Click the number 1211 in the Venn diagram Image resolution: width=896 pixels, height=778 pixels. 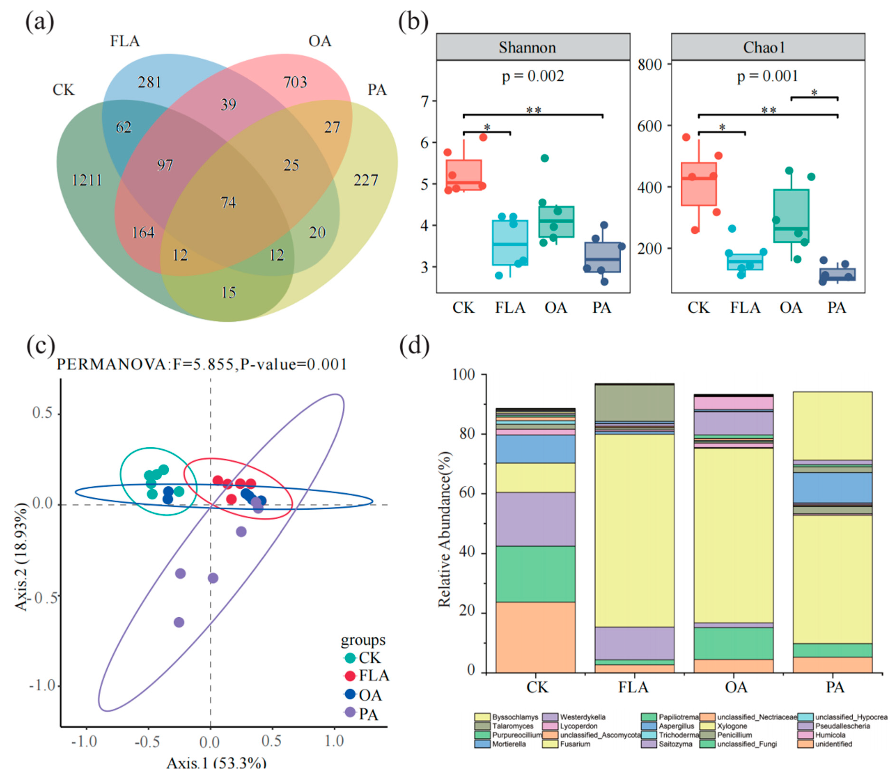click(x=87, y=180)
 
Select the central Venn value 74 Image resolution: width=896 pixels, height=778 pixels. click(x=228, y=202)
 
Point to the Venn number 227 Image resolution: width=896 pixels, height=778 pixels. click(x=365, y=180)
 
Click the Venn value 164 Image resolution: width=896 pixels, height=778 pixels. click(x=143, y=233)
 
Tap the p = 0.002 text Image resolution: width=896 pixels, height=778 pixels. click(x=533, y=77)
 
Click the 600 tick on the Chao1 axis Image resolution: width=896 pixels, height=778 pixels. click(x=649, y=126)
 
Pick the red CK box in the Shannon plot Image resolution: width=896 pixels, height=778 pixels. click(x=464, y=175)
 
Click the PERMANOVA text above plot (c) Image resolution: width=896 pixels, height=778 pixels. click(x=202, y=364)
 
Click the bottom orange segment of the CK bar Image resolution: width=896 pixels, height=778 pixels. click(x=535, y=637)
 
